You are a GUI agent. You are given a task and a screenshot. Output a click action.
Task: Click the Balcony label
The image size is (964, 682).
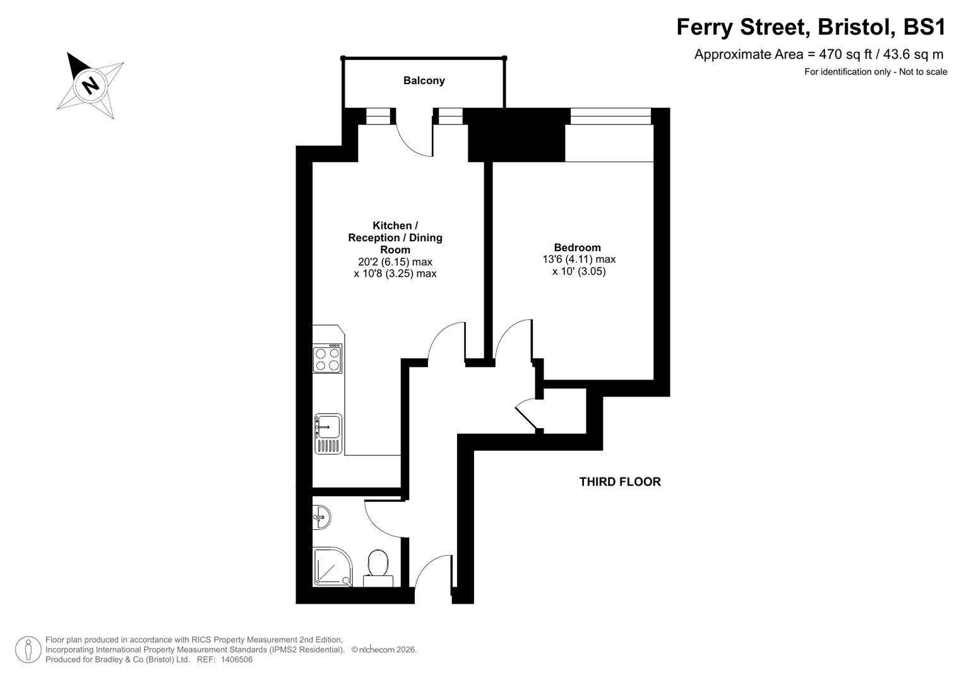click(424, 81)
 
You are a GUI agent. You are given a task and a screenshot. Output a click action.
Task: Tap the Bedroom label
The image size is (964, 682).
click(577, 248)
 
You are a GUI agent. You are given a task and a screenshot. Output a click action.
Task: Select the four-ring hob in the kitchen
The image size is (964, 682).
click(328, 359)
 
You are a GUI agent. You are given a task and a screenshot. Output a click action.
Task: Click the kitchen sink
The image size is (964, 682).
click(328, 427)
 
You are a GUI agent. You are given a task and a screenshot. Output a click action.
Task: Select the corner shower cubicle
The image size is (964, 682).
click(331, 566)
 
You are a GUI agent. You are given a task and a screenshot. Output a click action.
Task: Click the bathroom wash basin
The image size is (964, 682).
click(321, 518)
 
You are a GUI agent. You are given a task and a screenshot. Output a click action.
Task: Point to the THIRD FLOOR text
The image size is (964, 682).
click(619, 482)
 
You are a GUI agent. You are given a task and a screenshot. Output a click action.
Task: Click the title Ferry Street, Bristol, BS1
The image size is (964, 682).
click(811, 27)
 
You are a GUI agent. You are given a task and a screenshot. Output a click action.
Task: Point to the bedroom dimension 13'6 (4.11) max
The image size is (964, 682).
click(578, 260)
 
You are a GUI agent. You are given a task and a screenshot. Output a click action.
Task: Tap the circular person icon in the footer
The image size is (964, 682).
click(28, 649)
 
